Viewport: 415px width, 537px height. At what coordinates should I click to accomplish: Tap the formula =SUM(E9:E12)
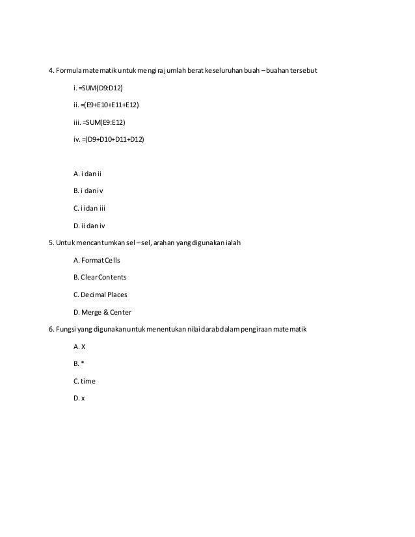tap(103, 122)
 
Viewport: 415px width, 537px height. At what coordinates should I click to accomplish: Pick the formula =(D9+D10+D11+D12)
tap(113, 139)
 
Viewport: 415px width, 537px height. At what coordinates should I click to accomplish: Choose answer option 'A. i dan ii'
tap(88, 174)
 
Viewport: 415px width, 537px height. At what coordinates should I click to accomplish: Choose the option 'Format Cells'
tap(101, 260)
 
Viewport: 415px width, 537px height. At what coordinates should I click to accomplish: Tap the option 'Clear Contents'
tap(104, 277)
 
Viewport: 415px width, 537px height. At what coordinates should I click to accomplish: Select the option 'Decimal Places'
tap(104, 295)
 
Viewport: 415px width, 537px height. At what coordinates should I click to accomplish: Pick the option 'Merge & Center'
tap(107, 312)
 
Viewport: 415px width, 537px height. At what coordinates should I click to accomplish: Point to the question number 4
tap(51, 70)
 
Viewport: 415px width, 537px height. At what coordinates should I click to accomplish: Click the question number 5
tap(51, 243)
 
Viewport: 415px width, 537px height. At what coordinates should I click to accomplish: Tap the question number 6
tap(51, 329)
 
